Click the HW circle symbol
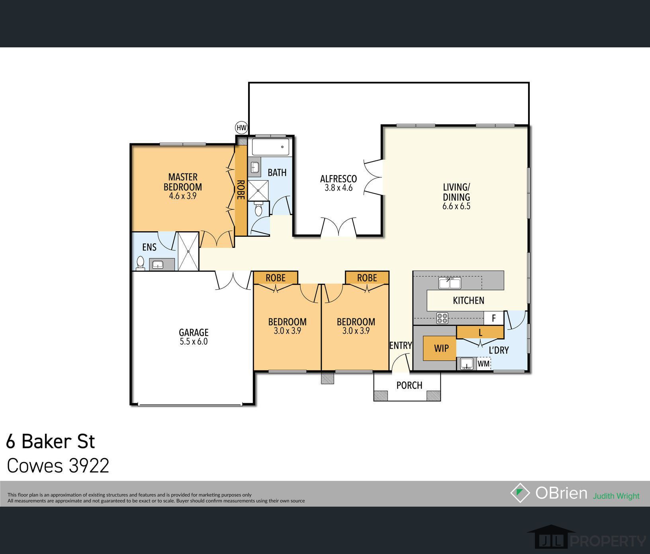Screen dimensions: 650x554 tap(241, 128)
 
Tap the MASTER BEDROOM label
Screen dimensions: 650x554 tap(182, 182)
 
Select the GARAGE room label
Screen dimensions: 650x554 tap(194, 332)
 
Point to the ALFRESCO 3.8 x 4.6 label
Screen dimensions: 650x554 tap(339, 183)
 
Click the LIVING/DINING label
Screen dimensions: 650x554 tap(456, 192)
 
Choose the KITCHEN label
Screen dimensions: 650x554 tap(468, 300)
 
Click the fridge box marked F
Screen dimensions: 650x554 tap(494, 318)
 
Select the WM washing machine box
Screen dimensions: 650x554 tap(484, 364)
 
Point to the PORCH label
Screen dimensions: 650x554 tap(409, 385)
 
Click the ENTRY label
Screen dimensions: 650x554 tap(400, 345)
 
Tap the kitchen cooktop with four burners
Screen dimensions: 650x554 tap(442, 318)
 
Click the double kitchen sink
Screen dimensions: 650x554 tap(450, 283)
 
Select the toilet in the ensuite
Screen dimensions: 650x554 tap(140, 263)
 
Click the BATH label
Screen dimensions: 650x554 tap(277, 173)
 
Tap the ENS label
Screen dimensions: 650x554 tap(149, 247)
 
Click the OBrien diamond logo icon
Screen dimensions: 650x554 tap(520, 493)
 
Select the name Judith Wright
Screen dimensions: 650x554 tap(616, 496)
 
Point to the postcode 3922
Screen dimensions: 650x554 tap(89, 466)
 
